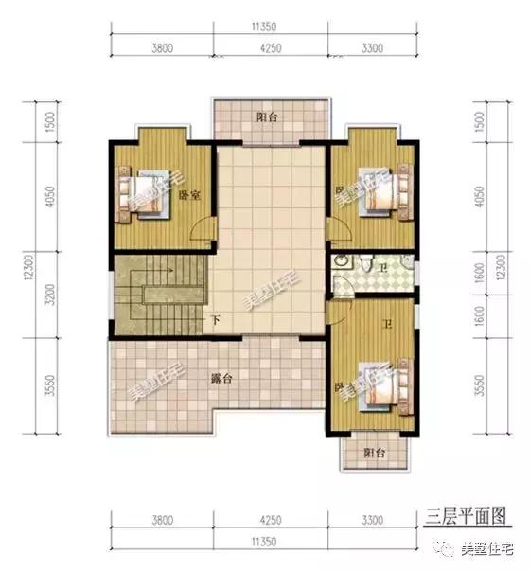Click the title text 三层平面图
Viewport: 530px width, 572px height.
[467, 514]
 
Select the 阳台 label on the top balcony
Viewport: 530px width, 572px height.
[268, 118]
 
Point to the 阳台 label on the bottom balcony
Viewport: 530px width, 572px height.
[376, 454]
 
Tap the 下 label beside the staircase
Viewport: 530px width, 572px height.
[215, 320]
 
